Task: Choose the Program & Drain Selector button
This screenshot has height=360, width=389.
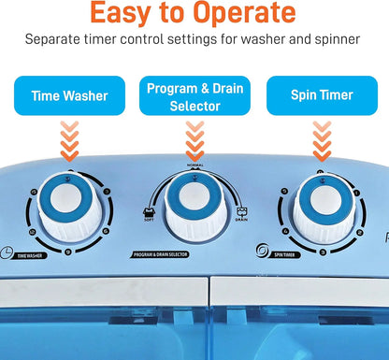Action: [194, 95]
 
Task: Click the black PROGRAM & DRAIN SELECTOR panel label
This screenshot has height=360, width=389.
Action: [168, 254]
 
